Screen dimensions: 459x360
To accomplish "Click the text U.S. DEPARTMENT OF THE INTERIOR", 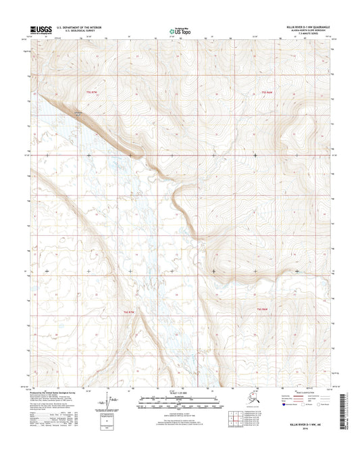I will pos(82,26).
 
